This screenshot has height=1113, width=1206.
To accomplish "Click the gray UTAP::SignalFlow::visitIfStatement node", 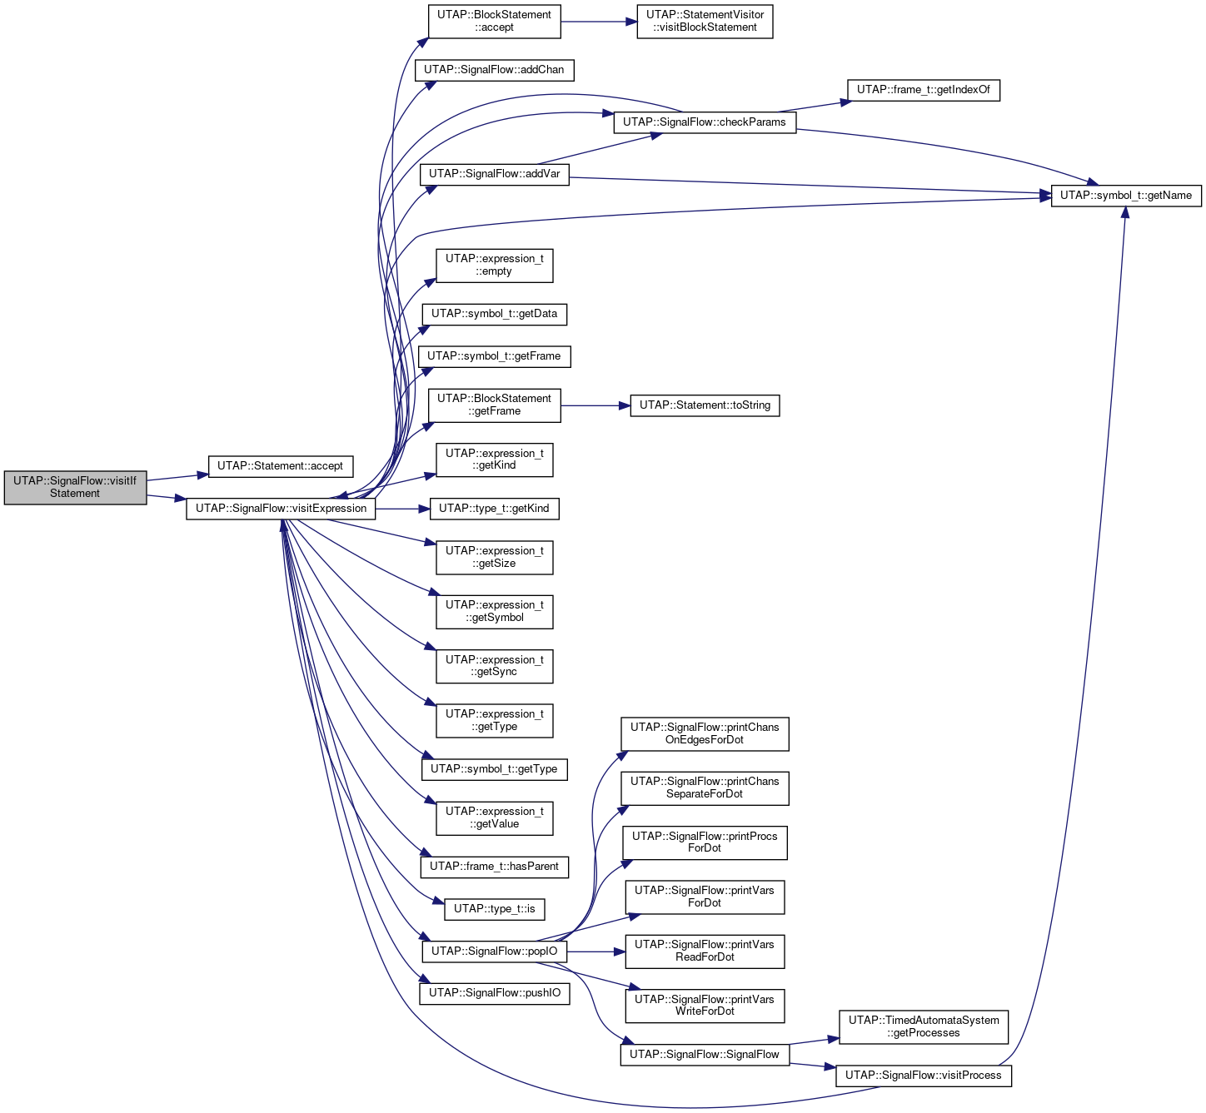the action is (x=75, y=487).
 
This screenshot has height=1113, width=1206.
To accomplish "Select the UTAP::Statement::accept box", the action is (x=280, y=465).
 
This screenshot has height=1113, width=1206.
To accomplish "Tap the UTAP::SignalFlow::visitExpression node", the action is (x=281, y=509).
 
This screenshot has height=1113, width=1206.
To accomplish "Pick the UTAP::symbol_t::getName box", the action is (x=1125, y=196).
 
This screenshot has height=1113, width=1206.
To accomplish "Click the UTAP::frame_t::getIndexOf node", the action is (x=923, y=90).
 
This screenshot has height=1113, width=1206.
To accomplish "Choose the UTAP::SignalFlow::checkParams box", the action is (x=705, y=122).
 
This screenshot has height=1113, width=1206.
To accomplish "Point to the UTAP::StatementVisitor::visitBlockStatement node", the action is (x=705, y=22).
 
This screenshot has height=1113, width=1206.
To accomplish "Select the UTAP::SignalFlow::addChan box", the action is (x=494, y=70).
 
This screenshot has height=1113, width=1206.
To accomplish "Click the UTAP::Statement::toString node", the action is (x=705, y=405).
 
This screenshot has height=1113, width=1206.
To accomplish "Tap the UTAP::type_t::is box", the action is (x=494, y=908).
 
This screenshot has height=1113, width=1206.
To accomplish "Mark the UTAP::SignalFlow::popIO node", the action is (x=494, y=951).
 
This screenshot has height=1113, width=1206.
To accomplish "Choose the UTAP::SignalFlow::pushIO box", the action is (x=494, y=993).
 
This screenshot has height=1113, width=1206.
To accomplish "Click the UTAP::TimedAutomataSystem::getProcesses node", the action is (x=923, y=1026).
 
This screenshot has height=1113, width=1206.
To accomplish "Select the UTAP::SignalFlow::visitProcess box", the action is (x=923, y=1076).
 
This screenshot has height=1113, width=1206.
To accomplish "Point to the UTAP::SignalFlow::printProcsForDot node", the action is (x=705, y=842).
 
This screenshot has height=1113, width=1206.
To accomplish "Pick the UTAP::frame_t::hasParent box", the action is (x=494, y=867).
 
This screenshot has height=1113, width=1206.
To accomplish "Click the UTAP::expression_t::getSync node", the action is (x=494, y=666).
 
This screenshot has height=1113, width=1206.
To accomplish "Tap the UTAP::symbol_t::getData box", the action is (x=494, y=314).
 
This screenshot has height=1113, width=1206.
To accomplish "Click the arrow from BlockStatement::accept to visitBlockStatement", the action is (x=599, y=22).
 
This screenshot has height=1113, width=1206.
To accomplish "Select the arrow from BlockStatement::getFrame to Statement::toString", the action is (x=596, y=405).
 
